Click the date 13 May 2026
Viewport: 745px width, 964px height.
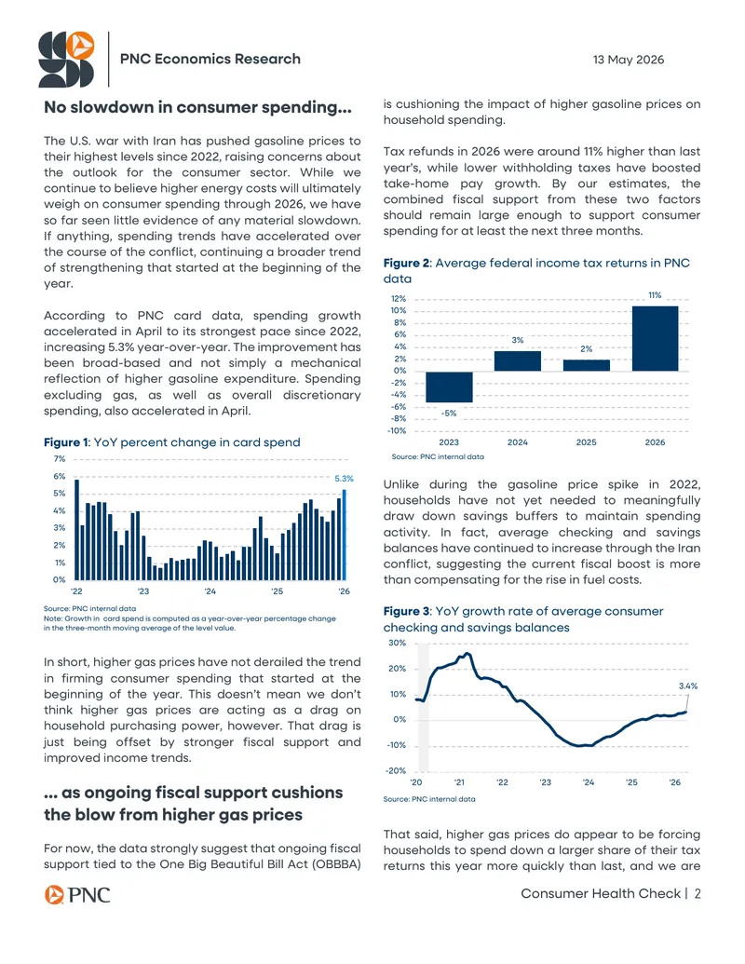pos(629,60)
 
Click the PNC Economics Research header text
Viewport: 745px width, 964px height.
pos(210,59)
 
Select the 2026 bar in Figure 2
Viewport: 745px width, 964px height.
pos(656,338)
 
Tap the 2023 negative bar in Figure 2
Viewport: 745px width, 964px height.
pos(449,387)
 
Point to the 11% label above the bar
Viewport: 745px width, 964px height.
pos(656,295)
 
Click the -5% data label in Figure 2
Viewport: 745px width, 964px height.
pos(449,414)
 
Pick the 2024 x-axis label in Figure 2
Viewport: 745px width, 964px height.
pos(518,442)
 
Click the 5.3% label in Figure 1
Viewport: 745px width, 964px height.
pos(345,479)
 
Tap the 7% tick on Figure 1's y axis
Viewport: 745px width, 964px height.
pos(59,458)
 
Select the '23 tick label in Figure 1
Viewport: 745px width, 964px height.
pos(143,591)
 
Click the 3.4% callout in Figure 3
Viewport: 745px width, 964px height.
pos(688,686)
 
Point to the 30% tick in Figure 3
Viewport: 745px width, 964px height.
pos(397,643)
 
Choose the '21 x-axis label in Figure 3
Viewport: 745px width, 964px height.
pos(459,782)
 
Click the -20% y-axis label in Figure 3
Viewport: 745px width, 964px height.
pos(397,770)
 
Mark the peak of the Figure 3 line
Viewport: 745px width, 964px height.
pos(467,653)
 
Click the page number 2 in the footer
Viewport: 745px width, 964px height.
pos(698,894)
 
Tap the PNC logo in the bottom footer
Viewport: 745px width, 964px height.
pos(77,894)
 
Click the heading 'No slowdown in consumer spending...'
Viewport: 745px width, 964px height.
pos(198,107)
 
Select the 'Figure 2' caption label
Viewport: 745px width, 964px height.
pos(406,264)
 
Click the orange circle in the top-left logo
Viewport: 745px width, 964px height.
pos(80,46)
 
